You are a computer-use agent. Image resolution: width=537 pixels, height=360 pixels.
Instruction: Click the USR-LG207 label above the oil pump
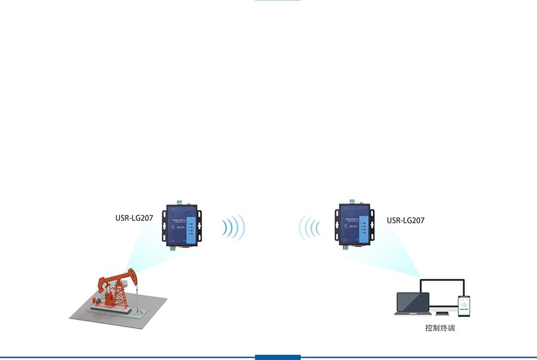[x=134, y=218]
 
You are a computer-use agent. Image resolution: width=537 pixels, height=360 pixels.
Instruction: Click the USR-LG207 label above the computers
[x=406, y=220]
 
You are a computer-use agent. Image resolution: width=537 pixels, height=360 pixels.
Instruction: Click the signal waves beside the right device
[x=309, y=227]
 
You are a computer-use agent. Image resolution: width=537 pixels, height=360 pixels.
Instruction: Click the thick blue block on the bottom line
[x=277, y=357]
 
